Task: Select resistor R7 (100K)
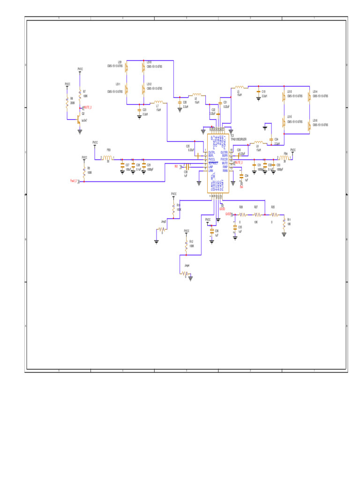(x=80, y=94)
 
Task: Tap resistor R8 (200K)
(x=67, y=102)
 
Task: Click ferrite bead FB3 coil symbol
(x=108, y=158)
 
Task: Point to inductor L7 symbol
(x=159, y=102)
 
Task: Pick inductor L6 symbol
(x=196, y=95)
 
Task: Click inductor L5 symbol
(x=239, y=87)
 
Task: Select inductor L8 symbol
(x=258, y=142)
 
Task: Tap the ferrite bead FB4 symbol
(x=284, y=158)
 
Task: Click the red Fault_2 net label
(x=74, y=180)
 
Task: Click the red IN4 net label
(x=241, y=187)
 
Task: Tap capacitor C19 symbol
(x=258, y=92)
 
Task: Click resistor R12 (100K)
(x=187, y=245)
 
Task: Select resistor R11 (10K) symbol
(x=284, y=221)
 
